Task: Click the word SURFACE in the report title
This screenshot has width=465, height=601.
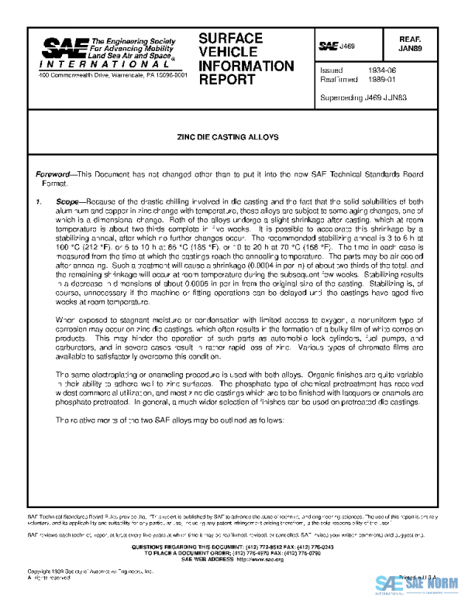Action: click(x=231, y=38)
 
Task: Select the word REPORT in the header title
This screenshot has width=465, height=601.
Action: click(x=226, y=79)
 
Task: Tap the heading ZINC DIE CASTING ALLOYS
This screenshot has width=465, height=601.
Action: click(x=232, y=136)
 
